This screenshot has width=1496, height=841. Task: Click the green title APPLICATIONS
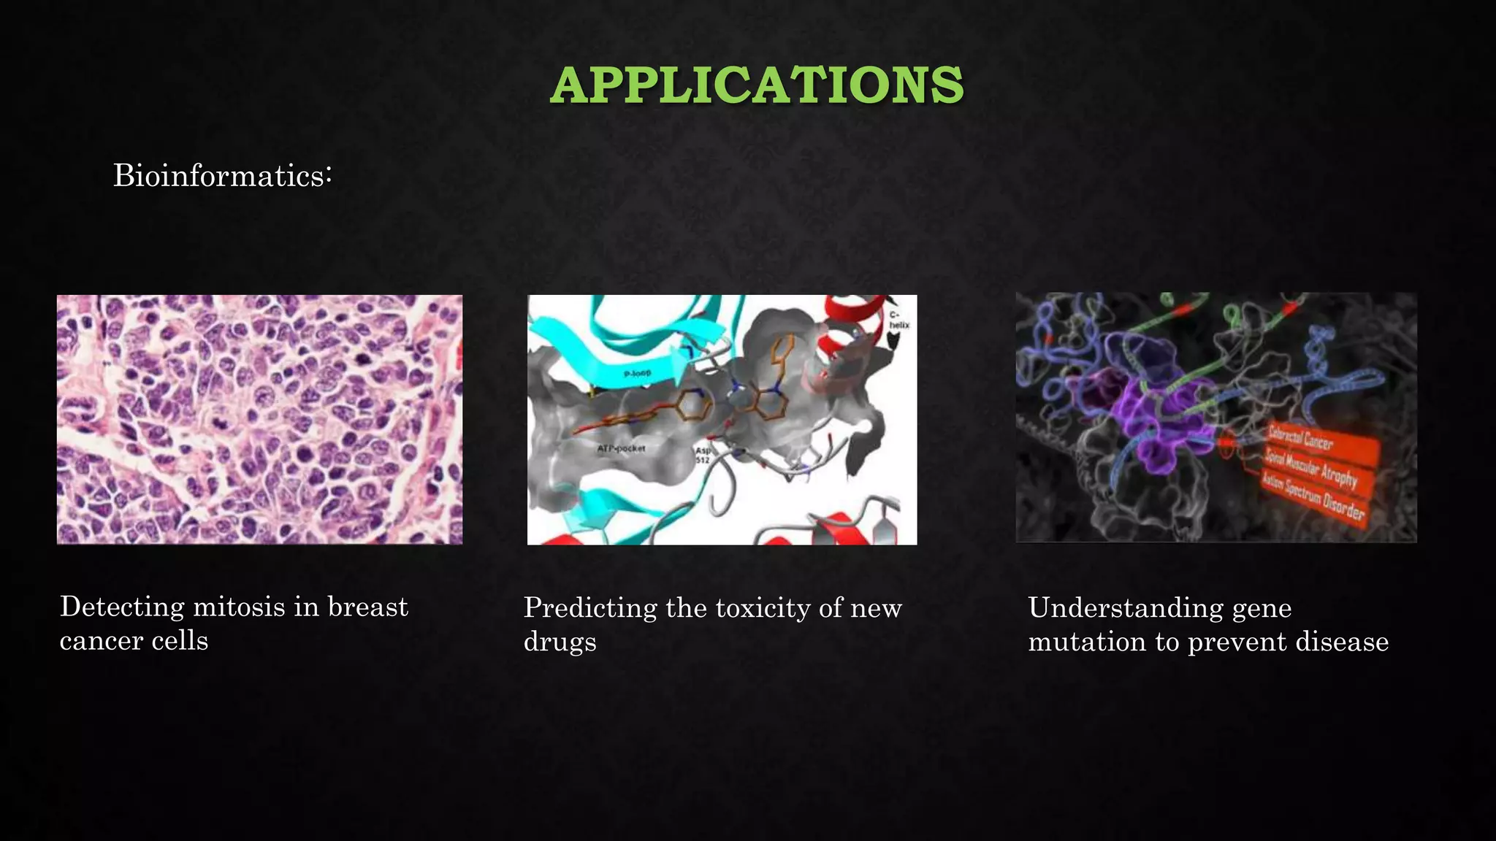(757, 85)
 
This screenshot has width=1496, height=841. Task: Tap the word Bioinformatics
(218, 176)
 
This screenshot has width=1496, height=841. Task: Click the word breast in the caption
(367, 607)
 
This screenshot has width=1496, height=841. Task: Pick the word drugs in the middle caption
(560, 642)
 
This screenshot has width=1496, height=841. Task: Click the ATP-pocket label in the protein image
(622, 448)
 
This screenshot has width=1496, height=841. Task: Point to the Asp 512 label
(703, 455)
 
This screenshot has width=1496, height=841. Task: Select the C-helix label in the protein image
(899, 320)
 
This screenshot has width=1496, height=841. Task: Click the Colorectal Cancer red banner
(1301, 437)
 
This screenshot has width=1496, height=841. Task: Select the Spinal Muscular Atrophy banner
(1311, 466)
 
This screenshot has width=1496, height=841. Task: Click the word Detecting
(122, 607)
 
